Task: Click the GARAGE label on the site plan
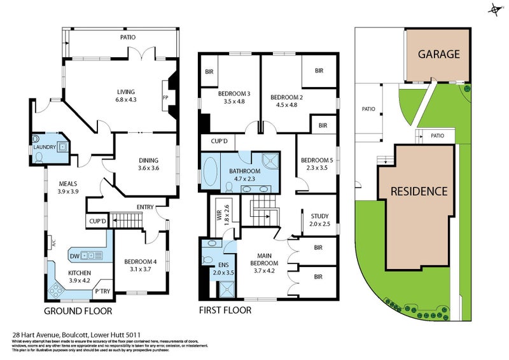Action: pyautogui.click(x=438, y=54)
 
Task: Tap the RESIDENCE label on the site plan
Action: pyautogui.click(x=419, y=191)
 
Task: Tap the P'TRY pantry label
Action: pyautogui.click(x=101, y=292)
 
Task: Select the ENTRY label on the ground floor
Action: pyautogui.click(x=145, y=207)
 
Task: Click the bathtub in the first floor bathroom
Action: pyautogui.click(x=209, y=170)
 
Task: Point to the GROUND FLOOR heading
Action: pyautogui.click(x=78, y=311)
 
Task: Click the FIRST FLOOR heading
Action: pyautogui.click(x=225, y=311)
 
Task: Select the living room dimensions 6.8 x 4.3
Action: pyautogui.click(x=126, y=100)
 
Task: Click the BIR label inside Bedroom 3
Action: pyautogui.click(x=209, y=72)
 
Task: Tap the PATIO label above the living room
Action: pyautogui.click(x=128, y=38)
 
